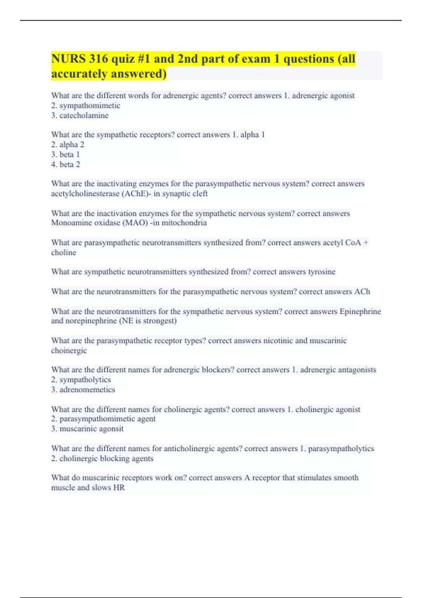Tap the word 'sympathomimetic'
[x=90, y=106]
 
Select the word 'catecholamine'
[x=84, y=115]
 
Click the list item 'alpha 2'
[x=72, y=145]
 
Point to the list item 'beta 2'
[x=70, y=164]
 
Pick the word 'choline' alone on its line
[x=64, y=253]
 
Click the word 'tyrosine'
[x=322, y=272]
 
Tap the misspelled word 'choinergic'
[x=69, y=351]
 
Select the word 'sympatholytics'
[x=85, y=380]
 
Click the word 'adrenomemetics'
[x=87, y=389]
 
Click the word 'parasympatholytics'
[x=341, y=448]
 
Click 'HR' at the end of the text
[x=119, y=488]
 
